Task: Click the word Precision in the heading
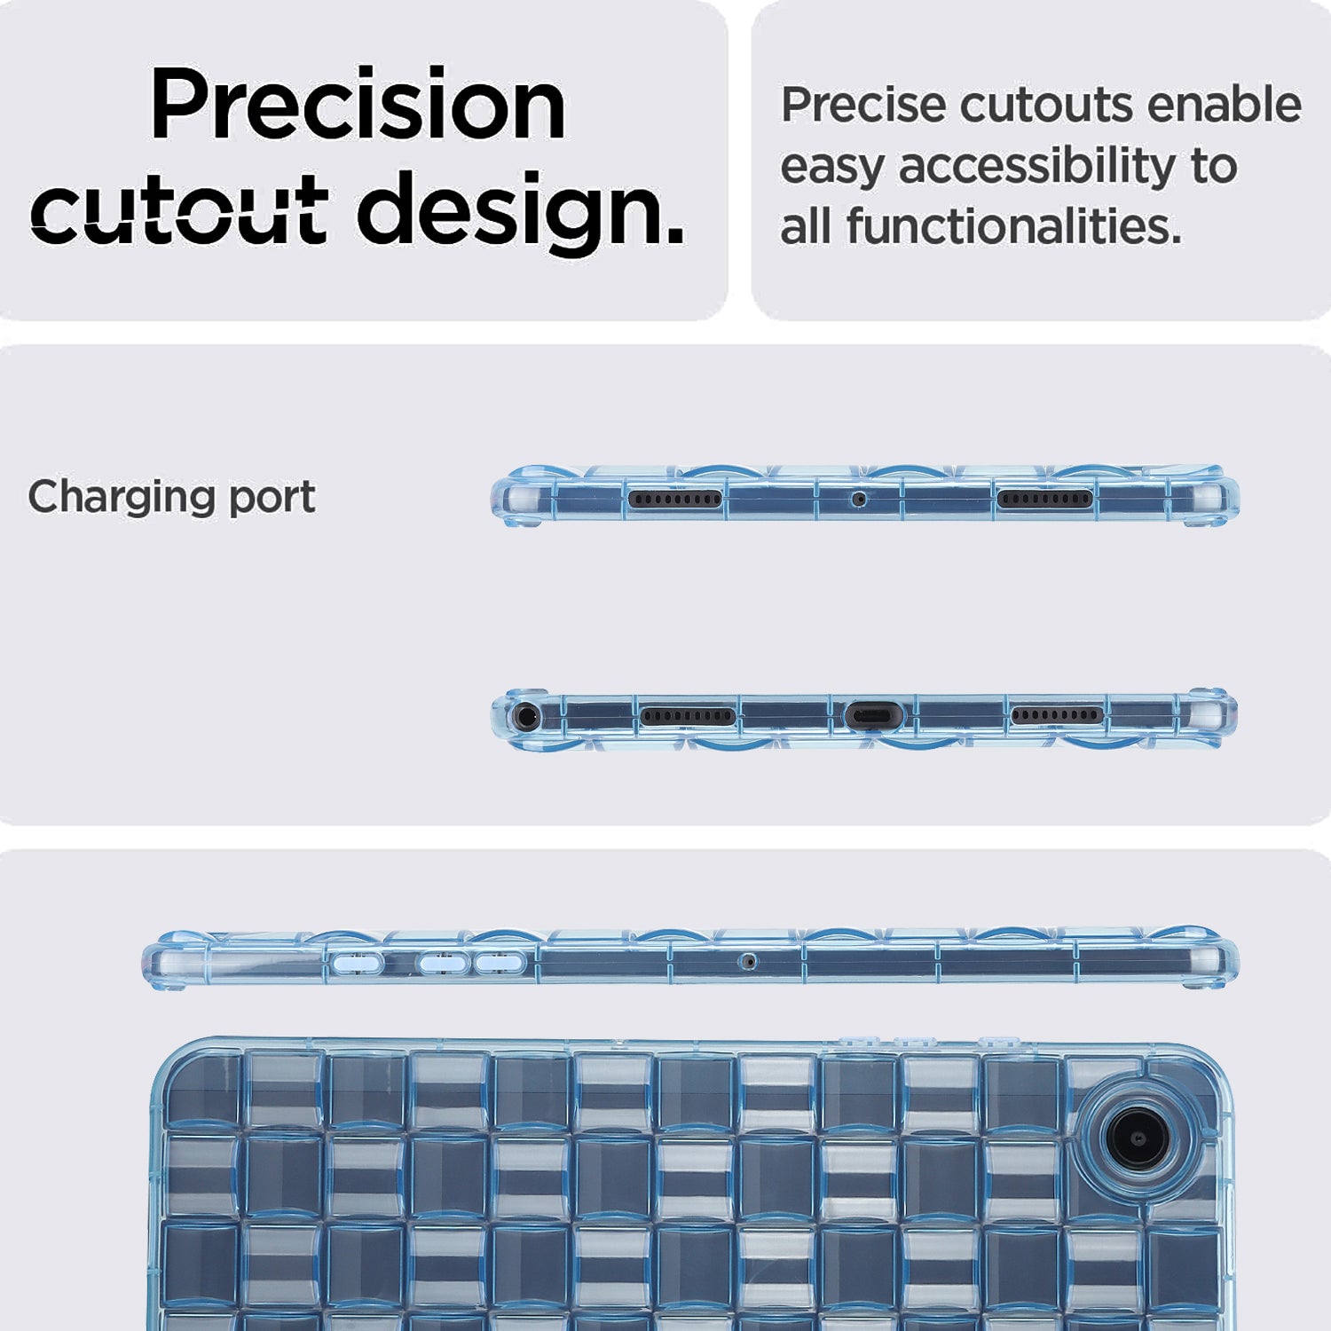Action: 358,104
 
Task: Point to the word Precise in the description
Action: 863,105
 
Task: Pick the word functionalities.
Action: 1014,226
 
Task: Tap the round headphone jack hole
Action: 527,715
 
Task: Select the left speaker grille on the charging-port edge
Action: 688,716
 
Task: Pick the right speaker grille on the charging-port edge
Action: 1057,715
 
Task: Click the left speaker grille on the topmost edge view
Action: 675,499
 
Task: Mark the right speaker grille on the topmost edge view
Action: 1044,499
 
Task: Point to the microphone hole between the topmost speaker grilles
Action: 858,500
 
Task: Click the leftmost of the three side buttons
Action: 357,962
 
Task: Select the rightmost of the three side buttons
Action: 500,962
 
